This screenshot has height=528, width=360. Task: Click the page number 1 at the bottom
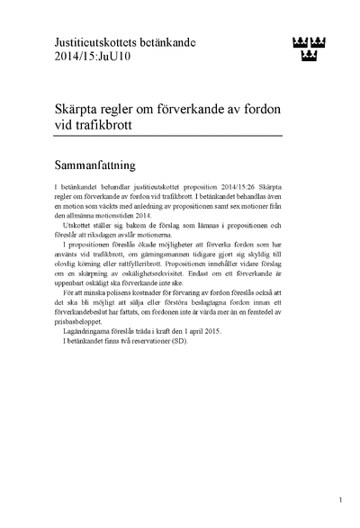tap(341, 499)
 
